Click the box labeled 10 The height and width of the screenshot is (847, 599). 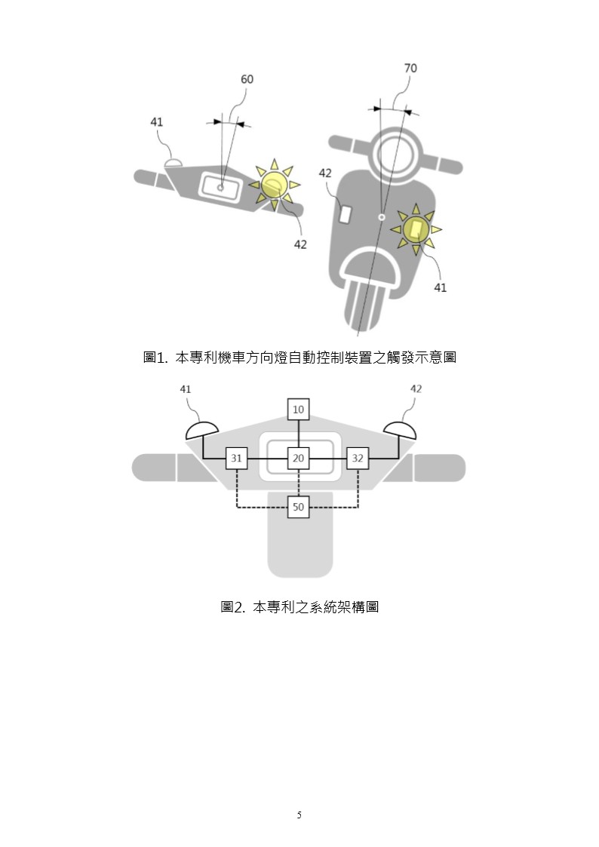(x=298, y=410)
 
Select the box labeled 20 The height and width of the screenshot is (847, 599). (x=298, y=458)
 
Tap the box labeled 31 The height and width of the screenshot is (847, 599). (x=237, y=458)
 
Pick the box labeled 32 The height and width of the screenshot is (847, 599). (x=358, y=458)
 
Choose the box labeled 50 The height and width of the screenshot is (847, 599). (x=298, y=508)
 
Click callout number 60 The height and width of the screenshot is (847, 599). (x=247, y=79)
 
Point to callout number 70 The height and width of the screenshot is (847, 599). (x=410, y=68)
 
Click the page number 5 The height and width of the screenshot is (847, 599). (x=299, y=815)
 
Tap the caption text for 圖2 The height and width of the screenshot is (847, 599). (x=299, y=607)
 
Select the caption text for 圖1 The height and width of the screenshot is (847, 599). (x=299, y=357)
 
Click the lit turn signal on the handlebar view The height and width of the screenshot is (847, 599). (x=275, y=185)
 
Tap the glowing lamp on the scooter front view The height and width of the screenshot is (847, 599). (x=416, y=229)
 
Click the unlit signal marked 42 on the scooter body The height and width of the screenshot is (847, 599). (x=345, y=214)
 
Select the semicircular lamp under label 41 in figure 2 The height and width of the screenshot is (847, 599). (x=202, y=431)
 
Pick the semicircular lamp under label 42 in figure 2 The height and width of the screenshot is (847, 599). (x=401, y=431)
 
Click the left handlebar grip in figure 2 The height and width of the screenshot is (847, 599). (x=154, y=468)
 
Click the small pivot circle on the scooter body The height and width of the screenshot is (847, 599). (x=382, y=217)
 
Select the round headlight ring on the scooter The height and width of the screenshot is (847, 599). (x=397, y=149)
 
